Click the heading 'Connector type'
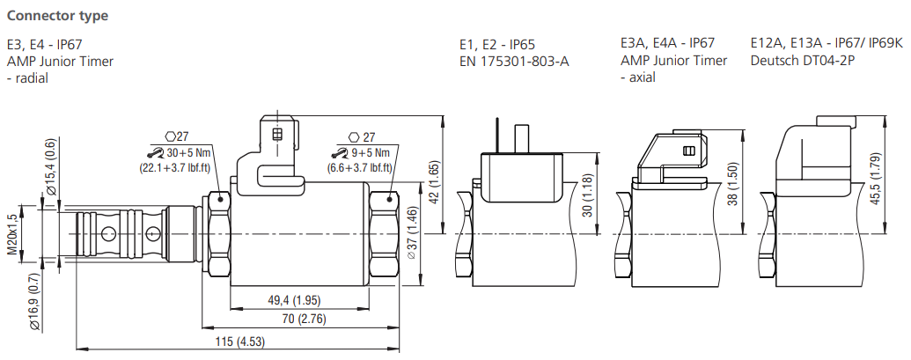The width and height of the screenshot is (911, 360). point(57,15)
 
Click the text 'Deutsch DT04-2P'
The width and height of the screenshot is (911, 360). point(803,61)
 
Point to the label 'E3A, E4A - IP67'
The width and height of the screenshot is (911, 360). point(667,43)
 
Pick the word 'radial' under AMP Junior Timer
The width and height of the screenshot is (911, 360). point(32,78)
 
